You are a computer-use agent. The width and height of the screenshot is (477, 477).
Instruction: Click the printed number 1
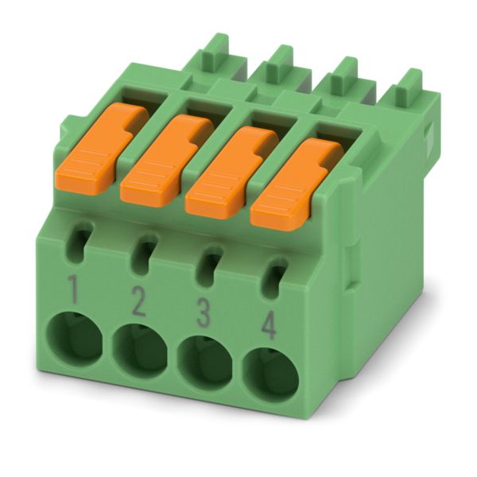[73, 289]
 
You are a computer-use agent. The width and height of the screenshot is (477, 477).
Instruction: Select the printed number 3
[204, 312]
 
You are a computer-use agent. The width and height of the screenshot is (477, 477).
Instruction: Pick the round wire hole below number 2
[140, 351]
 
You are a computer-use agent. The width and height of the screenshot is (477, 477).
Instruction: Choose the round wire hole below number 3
[205, 363]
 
